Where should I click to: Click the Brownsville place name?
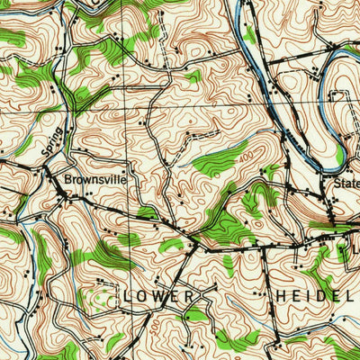pos(95,179)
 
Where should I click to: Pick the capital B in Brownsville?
pos(67,179)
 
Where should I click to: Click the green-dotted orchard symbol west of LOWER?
pos(101,297)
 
